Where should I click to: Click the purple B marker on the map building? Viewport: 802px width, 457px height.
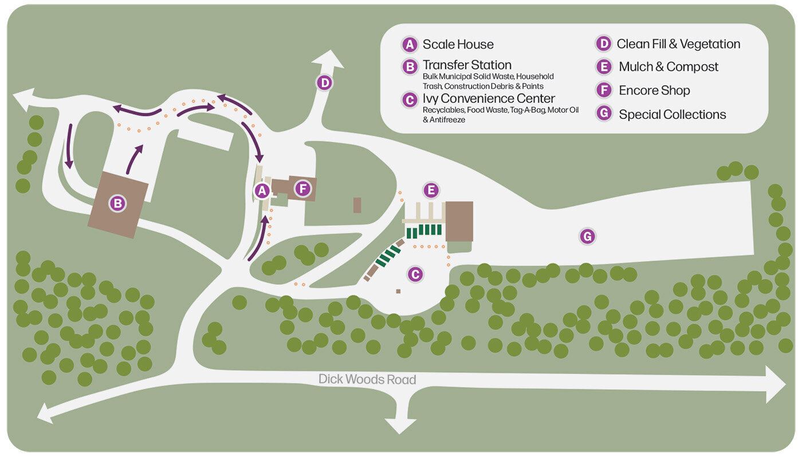coord(117,203)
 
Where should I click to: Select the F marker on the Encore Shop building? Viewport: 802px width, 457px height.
coord(302,188)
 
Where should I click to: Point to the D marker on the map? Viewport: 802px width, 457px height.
coord(324,83)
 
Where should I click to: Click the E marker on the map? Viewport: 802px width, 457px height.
coord(430,190)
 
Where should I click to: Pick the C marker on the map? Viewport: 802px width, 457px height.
coord(415,274)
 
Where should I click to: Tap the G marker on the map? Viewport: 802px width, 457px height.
coord(587,236)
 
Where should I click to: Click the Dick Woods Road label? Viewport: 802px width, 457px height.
coord(367,379)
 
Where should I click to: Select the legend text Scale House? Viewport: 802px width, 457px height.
coord(458,44)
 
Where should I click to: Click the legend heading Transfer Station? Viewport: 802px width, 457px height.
coord(467,65)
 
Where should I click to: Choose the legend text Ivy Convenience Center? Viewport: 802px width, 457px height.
coord(489,99)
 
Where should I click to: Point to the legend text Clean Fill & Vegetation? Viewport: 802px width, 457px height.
coord(678,44)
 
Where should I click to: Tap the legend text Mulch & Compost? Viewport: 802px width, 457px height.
coord(668,67)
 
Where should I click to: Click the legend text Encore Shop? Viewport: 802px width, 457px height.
coord(654,90)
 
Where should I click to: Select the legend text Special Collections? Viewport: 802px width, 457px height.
coord(672,115)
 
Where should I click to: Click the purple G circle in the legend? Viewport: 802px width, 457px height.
coord(604,113)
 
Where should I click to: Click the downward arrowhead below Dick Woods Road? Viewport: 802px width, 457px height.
coord(400,426)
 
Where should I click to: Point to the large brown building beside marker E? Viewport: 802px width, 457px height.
coord(459,222)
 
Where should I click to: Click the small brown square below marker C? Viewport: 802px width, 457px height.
coord(398,291)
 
